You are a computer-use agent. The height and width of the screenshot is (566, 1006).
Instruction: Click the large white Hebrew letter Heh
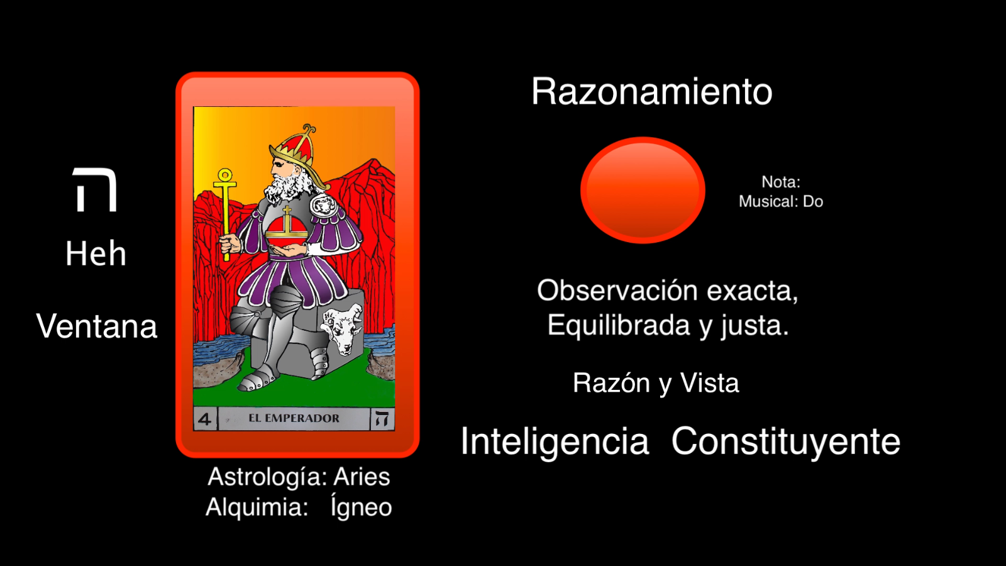95,189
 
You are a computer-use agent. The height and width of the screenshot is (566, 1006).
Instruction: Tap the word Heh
96,253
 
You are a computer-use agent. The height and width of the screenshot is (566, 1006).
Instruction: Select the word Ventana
97,326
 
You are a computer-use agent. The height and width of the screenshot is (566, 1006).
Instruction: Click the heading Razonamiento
651,92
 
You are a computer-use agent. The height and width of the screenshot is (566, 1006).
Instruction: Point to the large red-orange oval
643,190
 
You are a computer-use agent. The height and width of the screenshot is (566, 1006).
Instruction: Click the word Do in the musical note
813,201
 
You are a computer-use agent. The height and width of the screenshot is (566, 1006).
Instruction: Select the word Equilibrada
619,325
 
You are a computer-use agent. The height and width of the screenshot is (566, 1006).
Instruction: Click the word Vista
710,383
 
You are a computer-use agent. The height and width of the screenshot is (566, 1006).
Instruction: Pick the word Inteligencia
555,441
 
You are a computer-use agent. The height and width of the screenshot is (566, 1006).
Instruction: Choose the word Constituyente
786,441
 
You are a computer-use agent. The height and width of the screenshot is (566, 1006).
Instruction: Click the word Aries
362,477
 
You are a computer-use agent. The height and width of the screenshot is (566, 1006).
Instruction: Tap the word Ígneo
361,507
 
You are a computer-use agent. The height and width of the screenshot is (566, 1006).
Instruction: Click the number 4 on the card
205,419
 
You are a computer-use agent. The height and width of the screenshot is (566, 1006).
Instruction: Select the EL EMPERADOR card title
294,418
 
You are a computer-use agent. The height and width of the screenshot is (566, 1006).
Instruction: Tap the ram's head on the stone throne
343,328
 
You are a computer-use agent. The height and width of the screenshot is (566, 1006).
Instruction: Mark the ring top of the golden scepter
225,175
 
